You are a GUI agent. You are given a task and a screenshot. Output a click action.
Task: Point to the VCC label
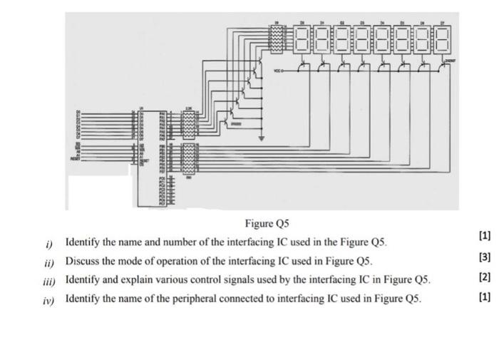coord(276,71)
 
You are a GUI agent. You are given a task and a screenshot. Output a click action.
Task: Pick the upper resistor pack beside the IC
coord(189,124)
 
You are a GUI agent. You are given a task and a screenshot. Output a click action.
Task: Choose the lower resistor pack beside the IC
coord(189,155)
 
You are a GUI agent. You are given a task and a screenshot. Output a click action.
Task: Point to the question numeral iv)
coord(48,298)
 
